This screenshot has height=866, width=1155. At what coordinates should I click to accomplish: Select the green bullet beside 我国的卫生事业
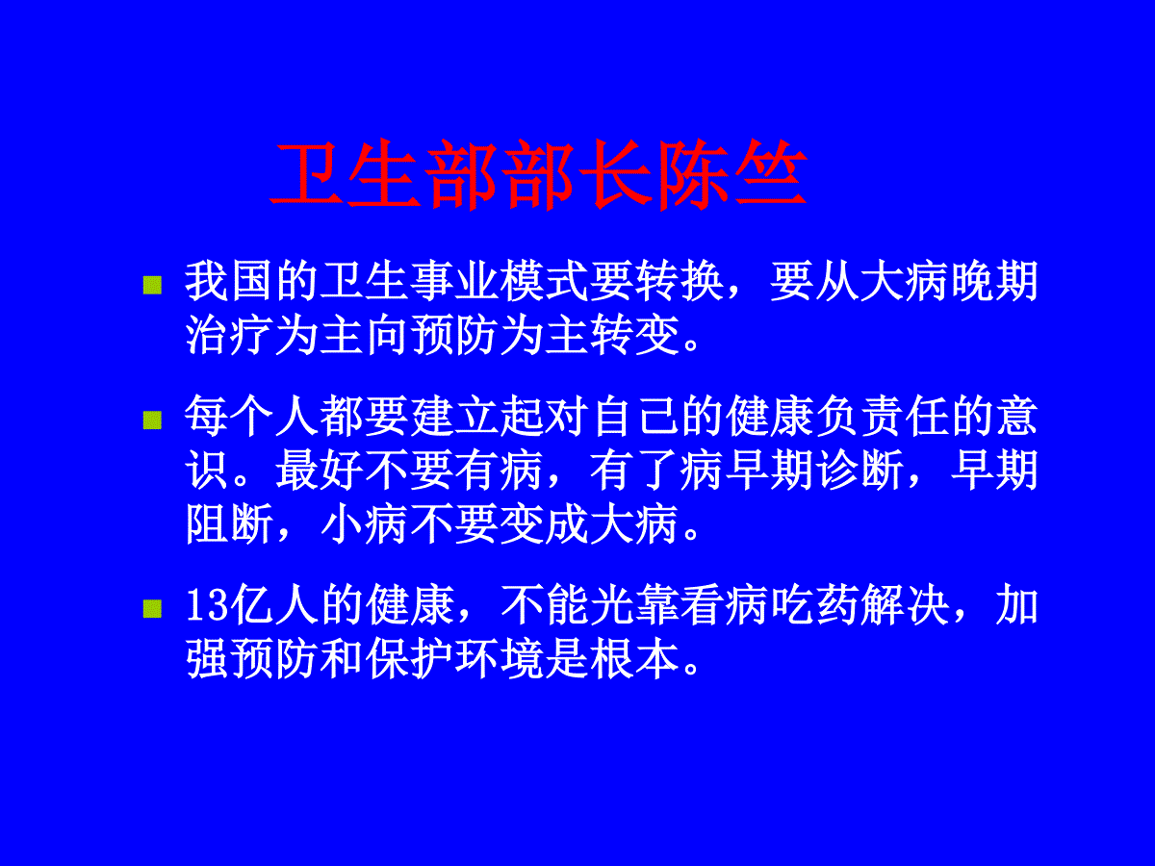click(152, 286)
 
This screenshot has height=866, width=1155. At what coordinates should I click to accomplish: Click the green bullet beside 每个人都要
click(152, 420)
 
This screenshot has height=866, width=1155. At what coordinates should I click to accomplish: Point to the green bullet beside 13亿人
click(152, 608)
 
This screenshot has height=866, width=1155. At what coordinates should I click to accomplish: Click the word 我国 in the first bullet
click(229, 282)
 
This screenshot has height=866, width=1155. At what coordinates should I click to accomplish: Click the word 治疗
click(229, 336)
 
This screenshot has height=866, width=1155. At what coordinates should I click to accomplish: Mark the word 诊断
click(860, 471)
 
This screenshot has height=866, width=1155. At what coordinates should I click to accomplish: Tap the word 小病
click(364, 523)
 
